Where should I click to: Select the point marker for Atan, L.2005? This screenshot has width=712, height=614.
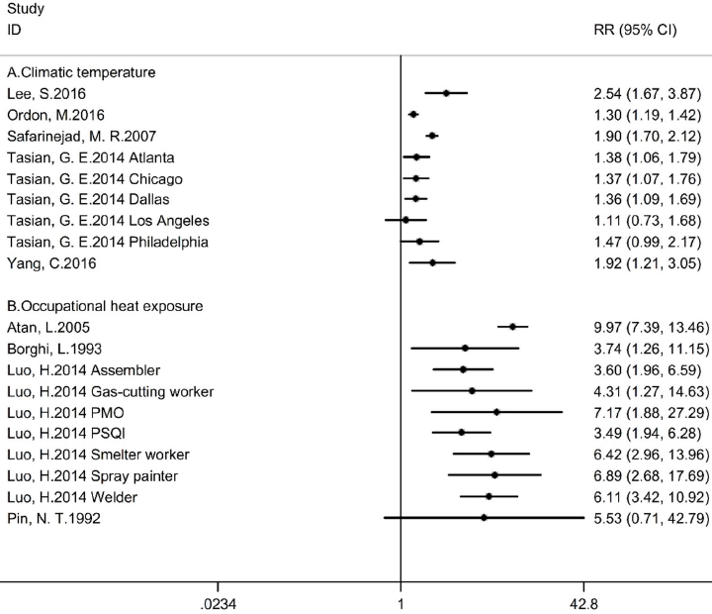click(x=512, y=326)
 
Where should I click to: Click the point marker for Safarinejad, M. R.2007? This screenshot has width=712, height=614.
click(x=432, y=136)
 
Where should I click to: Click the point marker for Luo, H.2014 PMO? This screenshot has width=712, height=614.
click(x=496, y=412)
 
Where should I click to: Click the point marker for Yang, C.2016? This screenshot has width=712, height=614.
click(x=432, y=262)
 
